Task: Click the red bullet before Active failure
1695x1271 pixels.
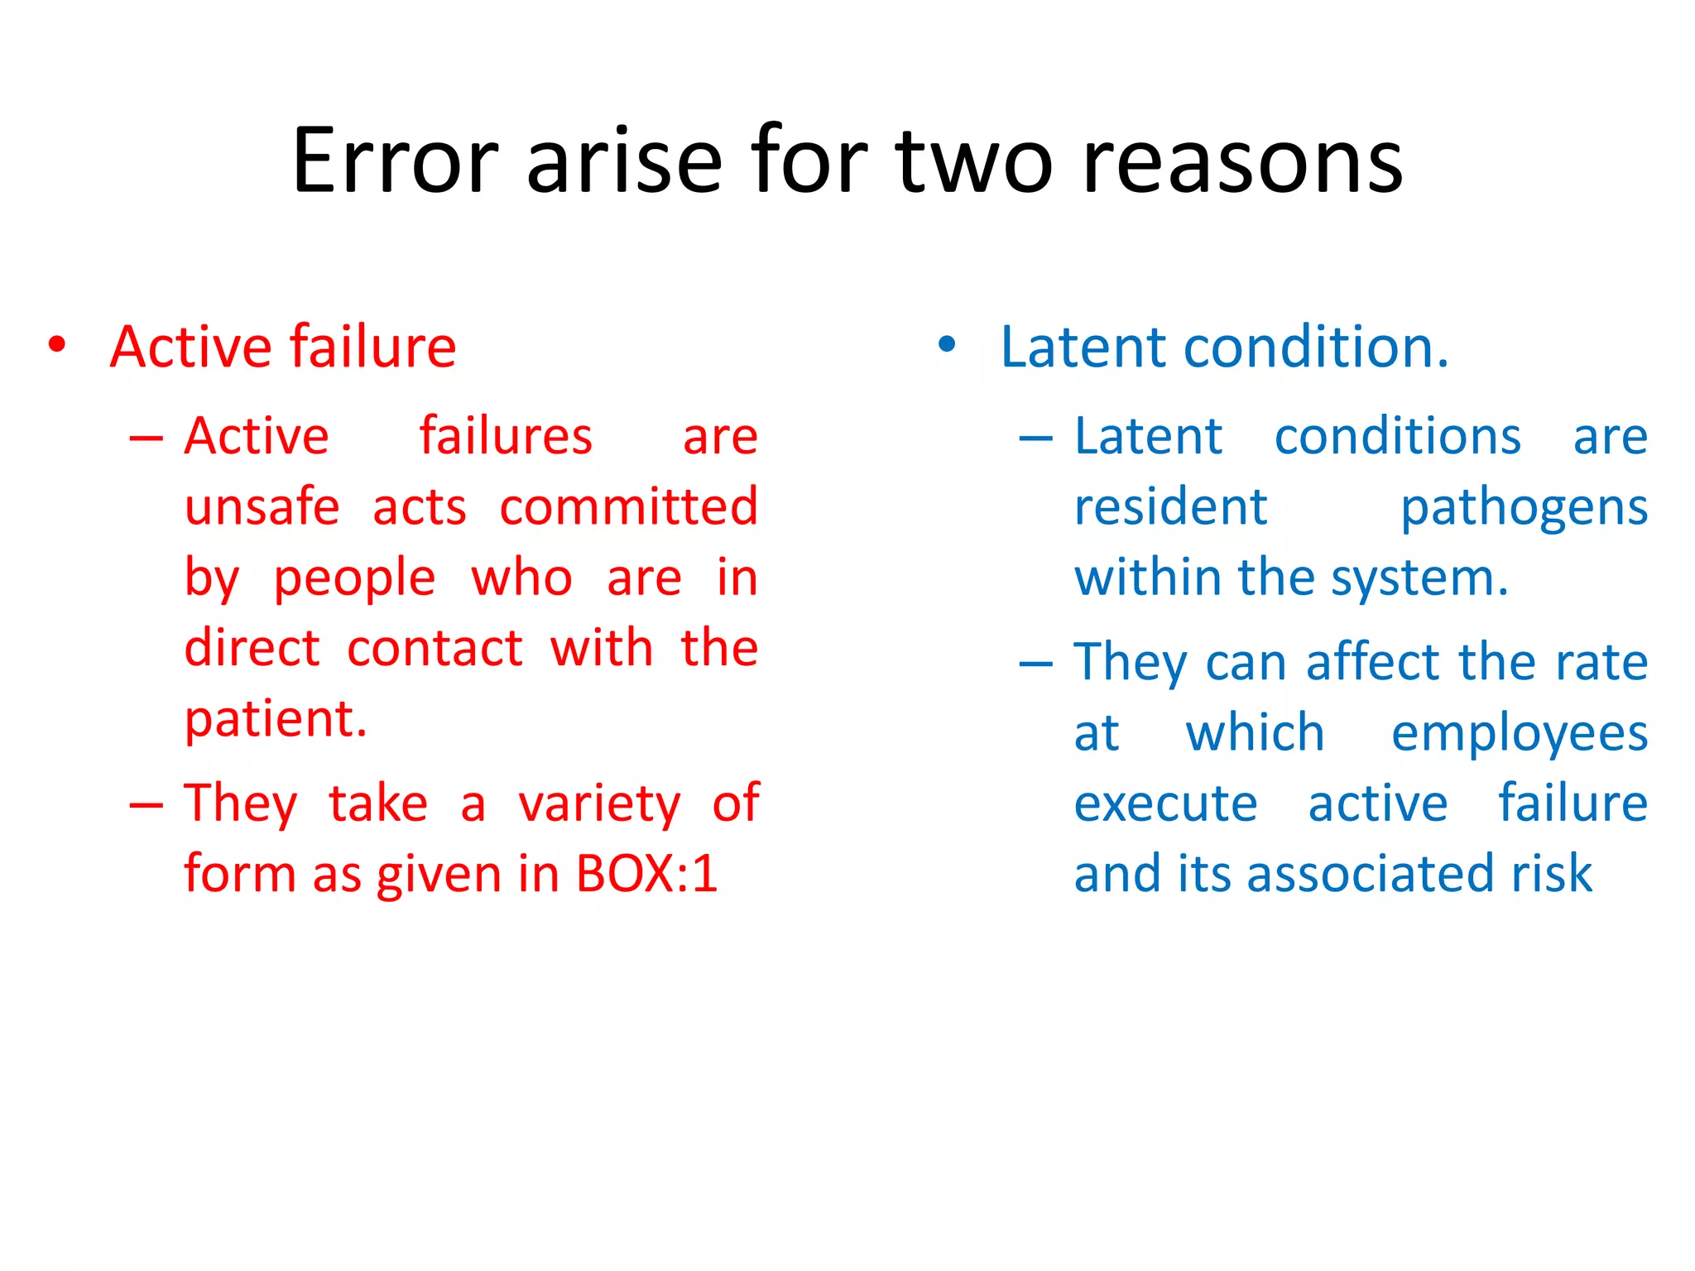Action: point(56,345)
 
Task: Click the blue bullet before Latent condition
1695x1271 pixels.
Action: point(947,345)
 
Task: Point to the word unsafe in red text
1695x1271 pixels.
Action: point(262,507)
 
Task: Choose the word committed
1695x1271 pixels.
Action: point(628,507)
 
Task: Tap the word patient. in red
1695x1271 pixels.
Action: point(275,719)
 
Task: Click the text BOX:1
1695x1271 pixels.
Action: point(646,874)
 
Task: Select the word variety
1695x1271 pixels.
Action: point(599,803)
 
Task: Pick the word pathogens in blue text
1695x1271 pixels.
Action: point(1524,507)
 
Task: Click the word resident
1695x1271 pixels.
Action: point(1170,507)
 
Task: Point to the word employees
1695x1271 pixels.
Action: point(1520,733)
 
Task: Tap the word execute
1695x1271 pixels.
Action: point(1165,803)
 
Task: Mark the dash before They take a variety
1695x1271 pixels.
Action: point(146,805)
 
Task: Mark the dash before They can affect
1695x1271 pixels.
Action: point(1035,664)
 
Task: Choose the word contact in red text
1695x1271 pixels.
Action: point(435,648)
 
